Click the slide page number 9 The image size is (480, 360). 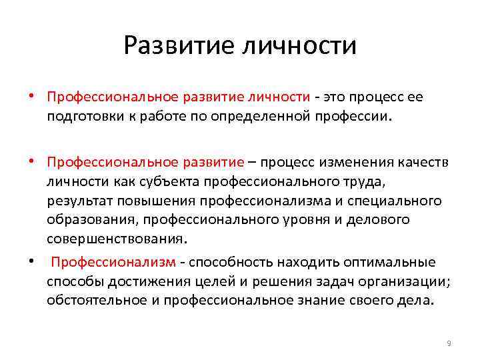(449, 343)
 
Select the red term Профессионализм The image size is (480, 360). (113, 262)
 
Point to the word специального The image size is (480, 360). (400, 201)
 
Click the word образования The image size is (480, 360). (85, 220)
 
